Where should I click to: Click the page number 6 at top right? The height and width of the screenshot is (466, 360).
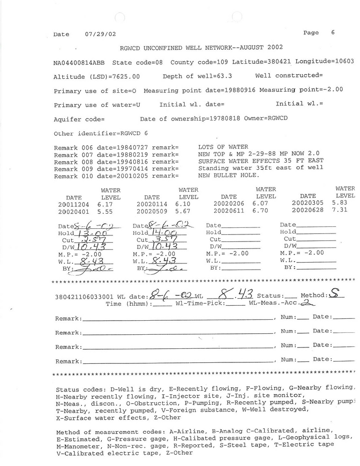(332, 33)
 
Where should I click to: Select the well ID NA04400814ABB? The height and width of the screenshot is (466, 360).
(79, 62)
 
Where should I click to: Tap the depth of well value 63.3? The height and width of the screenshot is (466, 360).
(229, 76)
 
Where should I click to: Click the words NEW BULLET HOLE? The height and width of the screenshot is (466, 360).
(228, 175)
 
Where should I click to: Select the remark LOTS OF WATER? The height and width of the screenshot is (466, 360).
(223, 147)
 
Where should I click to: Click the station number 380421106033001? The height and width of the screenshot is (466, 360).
(82, 297)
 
